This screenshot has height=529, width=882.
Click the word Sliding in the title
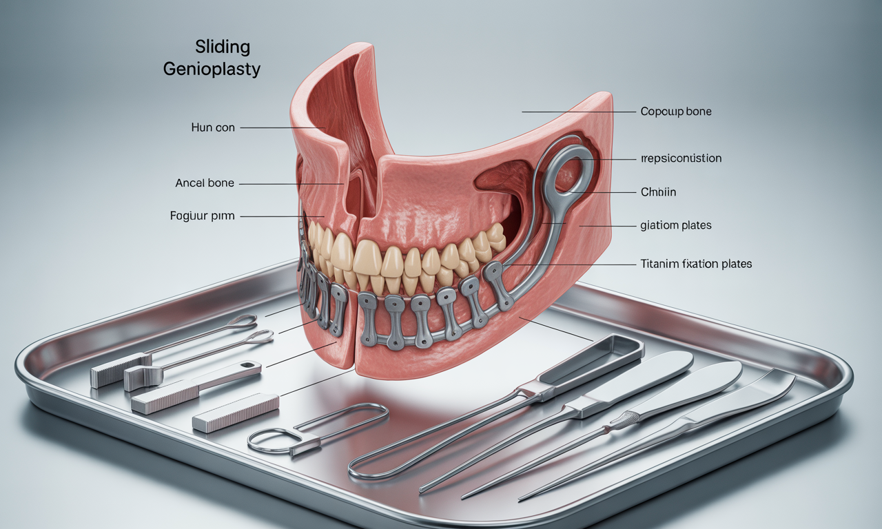click(x=222, y=48)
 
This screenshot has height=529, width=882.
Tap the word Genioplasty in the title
click(x=212, y=69)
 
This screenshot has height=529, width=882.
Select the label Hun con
click(x=213, y=128)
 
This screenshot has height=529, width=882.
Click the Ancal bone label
click(x=205, y=183)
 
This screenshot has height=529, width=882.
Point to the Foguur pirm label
click(x=202, y=216)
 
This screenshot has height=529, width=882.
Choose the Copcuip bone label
click(x=675, y=111)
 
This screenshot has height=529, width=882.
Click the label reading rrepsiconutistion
click(x=681, y=158)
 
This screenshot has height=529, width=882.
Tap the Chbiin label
click(x=658, y=192)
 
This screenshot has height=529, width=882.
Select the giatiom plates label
click(x=676, y=225)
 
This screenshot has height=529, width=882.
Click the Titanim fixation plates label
click(x=696, y=264)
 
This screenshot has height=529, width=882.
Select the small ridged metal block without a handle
click(x=236, y=412)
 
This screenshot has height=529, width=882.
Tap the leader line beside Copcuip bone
click(x=577, y=111)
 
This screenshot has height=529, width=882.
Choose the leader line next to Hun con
click(x=283, y=128)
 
